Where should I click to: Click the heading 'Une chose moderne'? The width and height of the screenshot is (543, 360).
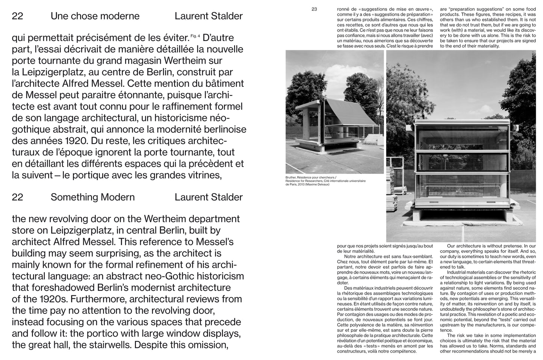(x=95, y=16)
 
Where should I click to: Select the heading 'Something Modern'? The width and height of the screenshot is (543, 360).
(x=92, y=197)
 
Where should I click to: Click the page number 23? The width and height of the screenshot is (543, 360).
(x=314, y=9)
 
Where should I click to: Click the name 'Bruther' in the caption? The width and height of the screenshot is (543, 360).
(x=291, y=177)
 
